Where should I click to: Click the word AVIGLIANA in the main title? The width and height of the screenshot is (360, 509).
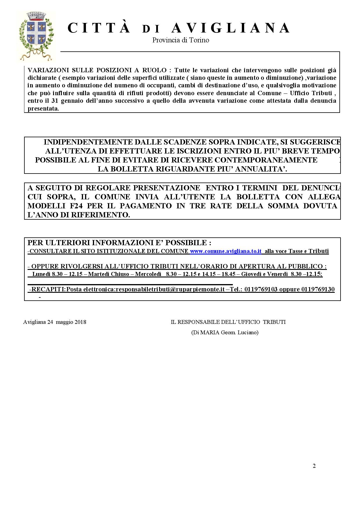pos(231,28)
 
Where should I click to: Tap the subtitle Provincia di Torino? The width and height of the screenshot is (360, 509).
pos(181,40)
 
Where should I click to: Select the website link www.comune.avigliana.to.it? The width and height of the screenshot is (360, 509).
pos(226,251)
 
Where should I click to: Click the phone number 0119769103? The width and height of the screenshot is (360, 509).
pos(261,289)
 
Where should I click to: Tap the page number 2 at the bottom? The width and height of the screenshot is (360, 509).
pos(314,466)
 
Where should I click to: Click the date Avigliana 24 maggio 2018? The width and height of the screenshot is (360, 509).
pos(55,322)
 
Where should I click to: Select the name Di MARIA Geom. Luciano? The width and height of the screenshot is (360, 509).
pos(225,332)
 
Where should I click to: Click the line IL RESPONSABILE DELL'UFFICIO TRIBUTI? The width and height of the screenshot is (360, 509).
pos(228,322)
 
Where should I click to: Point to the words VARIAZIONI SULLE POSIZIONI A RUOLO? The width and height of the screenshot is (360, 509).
pos(97,70)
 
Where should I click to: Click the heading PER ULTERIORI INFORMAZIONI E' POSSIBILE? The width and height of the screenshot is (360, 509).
pos(119,243)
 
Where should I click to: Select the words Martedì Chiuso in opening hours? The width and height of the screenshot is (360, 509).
pos(109,274)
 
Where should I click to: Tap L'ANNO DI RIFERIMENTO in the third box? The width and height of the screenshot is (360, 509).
pos(79,215)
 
